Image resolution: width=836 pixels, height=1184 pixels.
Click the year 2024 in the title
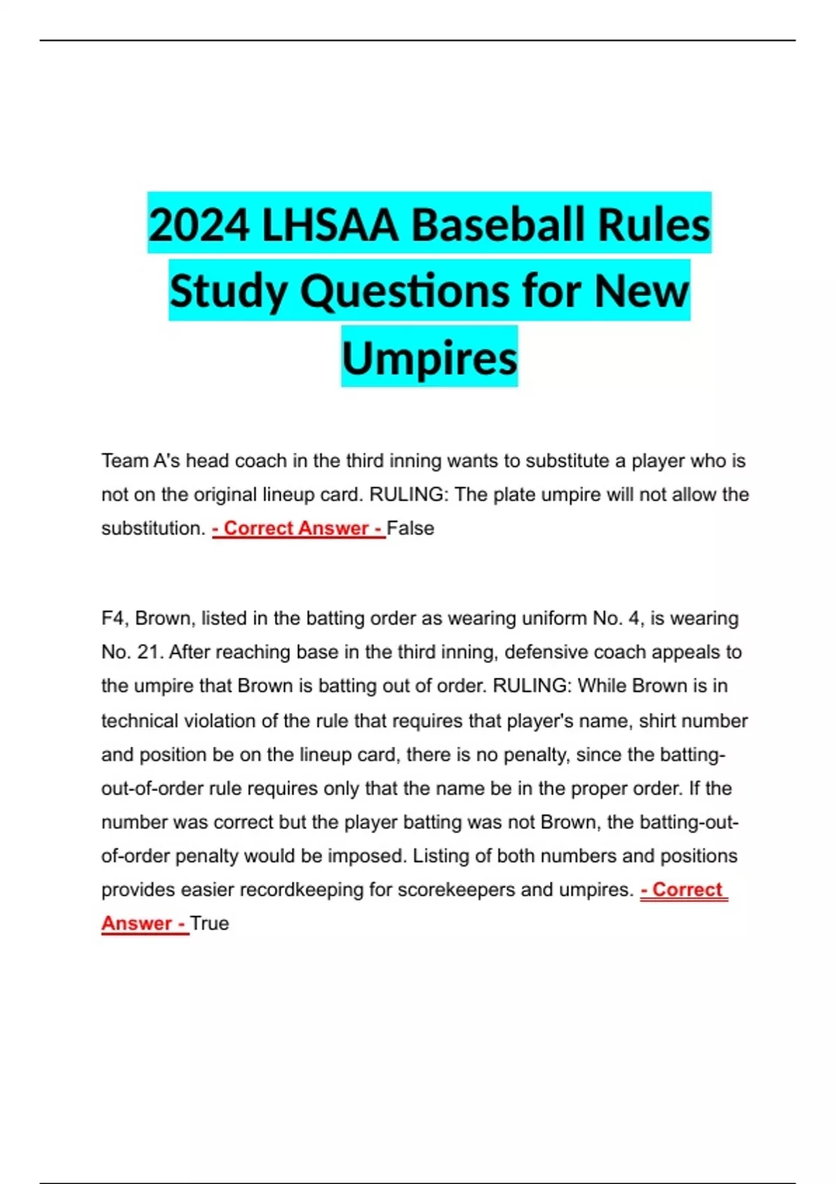(199, 226)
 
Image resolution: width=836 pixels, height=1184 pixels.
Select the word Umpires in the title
(429, 357)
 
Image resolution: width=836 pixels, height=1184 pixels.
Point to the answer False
(410, 529)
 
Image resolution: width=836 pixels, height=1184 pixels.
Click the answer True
(210, 924)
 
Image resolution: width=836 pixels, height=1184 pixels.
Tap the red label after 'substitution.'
(298, 529)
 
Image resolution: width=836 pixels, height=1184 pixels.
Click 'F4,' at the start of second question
(115, 618)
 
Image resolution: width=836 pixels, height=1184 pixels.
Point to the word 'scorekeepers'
(452, 890)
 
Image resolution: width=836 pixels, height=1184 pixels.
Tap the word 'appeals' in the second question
(674, 653)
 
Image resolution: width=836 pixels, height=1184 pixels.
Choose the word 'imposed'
(366, 856)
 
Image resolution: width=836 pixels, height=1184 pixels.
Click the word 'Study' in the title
(230, 291)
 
